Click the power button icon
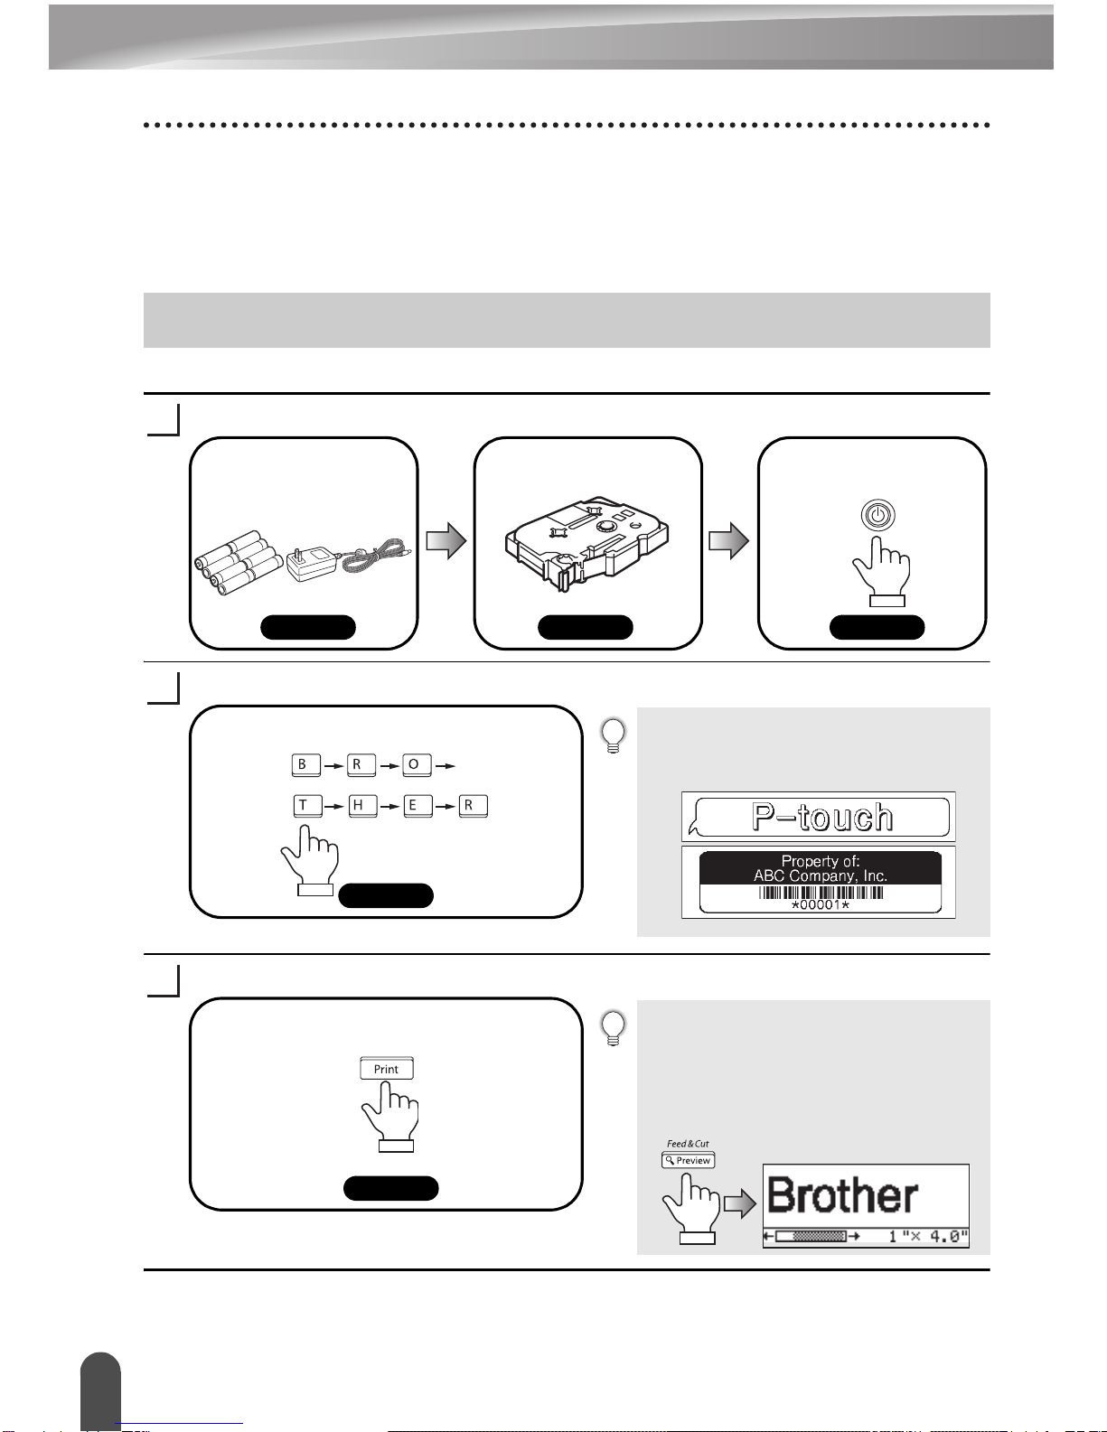pos(877,515)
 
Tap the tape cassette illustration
pos(587,544)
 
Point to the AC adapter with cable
pos(349,561)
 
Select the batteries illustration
pos(239,563)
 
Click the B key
pos(305,765)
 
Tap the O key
pos(417,765)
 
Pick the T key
pos(308,806)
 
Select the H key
pos(362,806)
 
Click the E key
pos(417,806)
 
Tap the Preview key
pos(688,1160)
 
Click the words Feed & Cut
pos(688,1144)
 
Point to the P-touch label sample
pos(819,817)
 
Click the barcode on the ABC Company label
pos(821,893)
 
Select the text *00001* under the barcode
pos(821,905)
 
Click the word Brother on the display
pos(842,1195)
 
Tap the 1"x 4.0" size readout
pos(928,1236)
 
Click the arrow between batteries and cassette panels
pos(446,541)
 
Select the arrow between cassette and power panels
pos(728,541)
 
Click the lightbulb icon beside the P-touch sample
pos(614,735)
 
